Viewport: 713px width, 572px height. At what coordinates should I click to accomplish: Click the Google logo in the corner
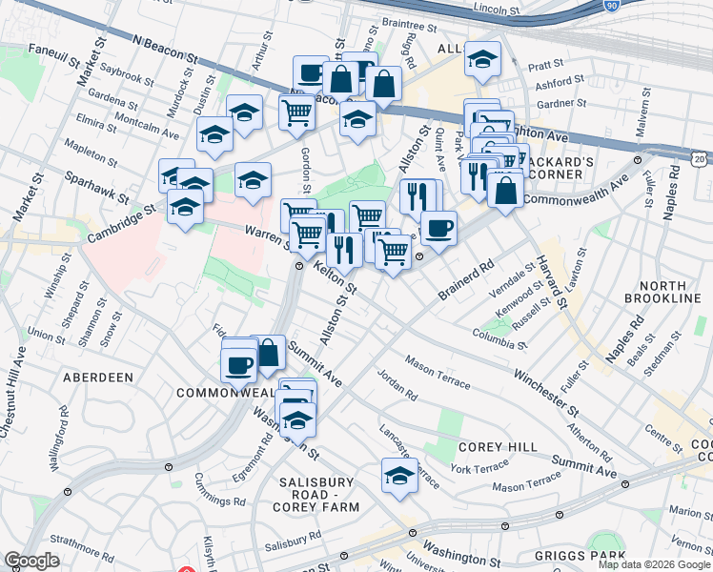(x=31, y=561)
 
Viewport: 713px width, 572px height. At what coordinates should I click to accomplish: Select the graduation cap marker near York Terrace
(x=399, y=477)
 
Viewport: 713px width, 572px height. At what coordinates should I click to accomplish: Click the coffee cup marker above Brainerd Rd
(x=438, y=228)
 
